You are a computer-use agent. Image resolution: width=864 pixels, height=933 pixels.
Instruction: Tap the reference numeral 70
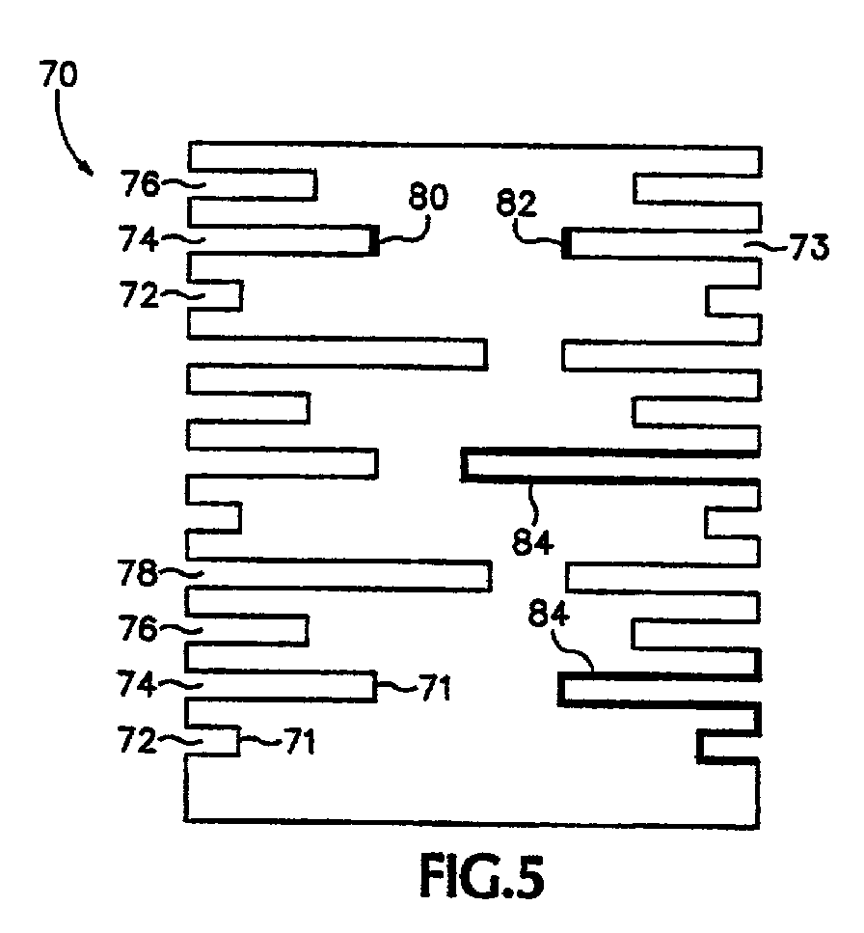coord(60,75)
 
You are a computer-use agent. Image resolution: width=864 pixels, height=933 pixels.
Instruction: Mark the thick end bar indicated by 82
coord(567,242)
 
